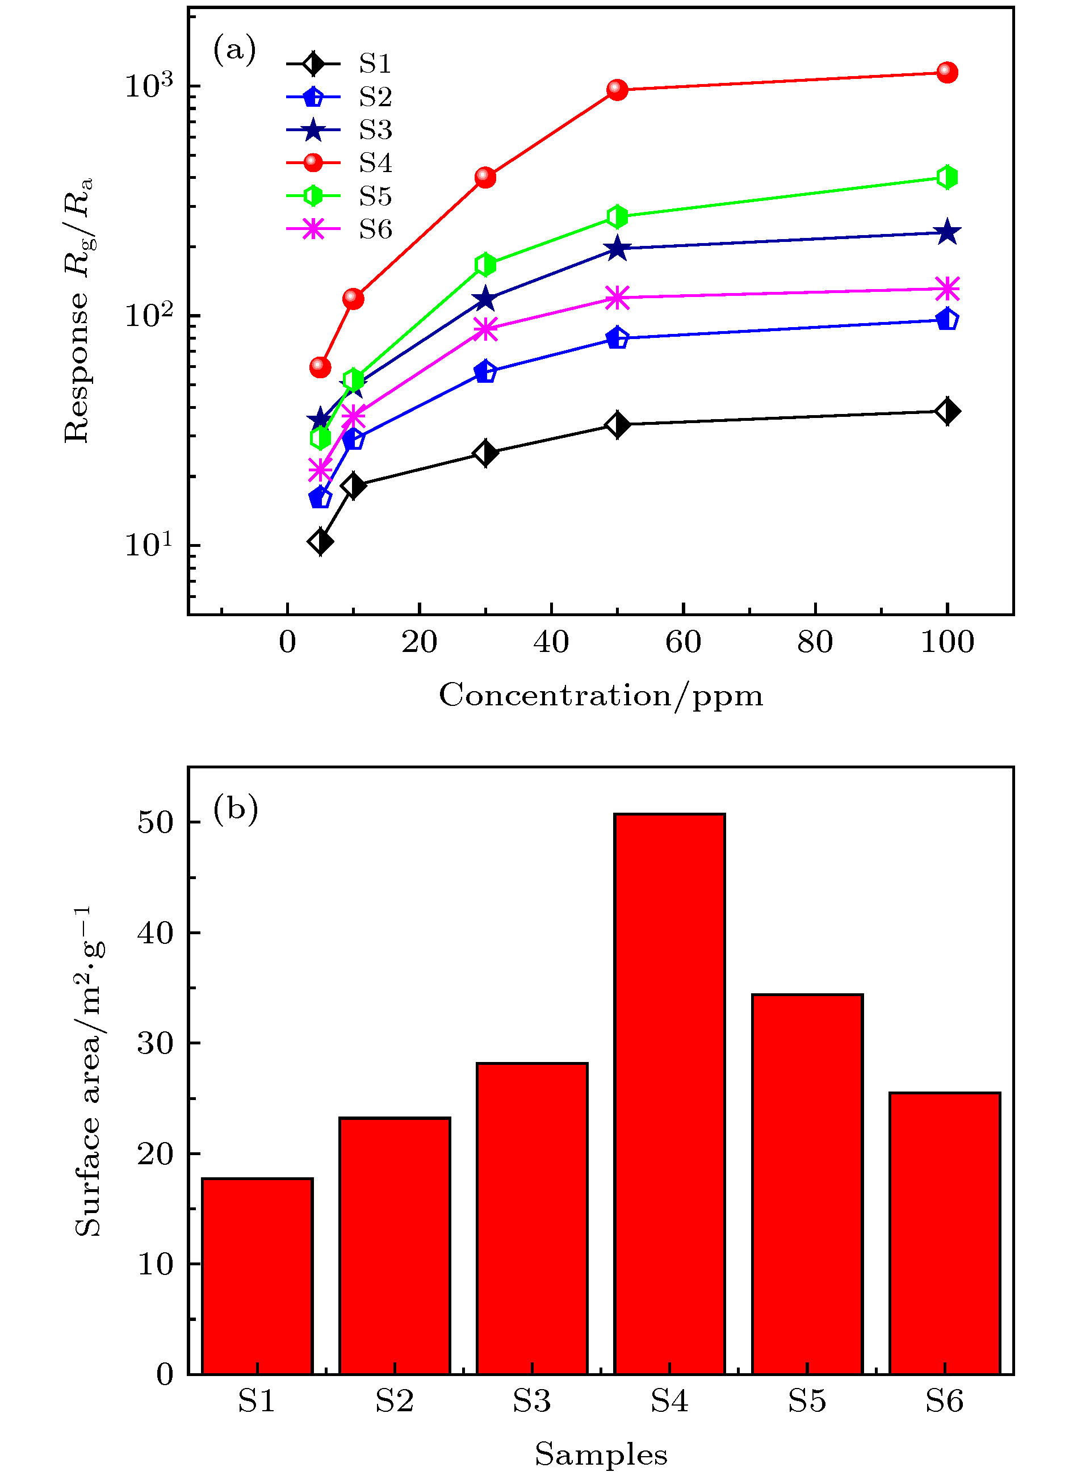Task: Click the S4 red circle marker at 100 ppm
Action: click(947, 72)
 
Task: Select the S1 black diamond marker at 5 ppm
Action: click(320, 541)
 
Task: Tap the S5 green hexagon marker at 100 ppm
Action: click(947, 177)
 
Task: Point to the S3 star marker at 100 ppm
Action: click(947, 232)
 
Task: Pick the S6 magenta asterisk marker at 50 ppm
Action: click(617, 298)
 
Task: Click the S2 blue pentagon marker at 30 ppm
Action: click(485, 371)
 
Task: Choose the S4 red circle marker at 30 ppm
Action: click(485, 177)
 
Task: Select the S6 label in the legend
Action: click(375, 229)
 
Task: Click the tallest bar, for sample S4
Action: click(669, 1093)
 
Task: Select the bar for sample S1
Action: click(257, 1276)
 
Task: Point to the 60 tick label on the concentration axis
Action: click(682, 643)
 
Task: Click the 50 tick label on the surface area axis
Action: click(156, 822)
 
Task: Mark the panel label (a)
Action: click(234, 49)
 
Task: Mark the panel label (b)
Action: click(235, 809)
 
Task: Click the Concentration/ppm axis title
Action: click(600, 696)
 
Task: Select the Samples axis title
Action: click(601, 1454)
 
